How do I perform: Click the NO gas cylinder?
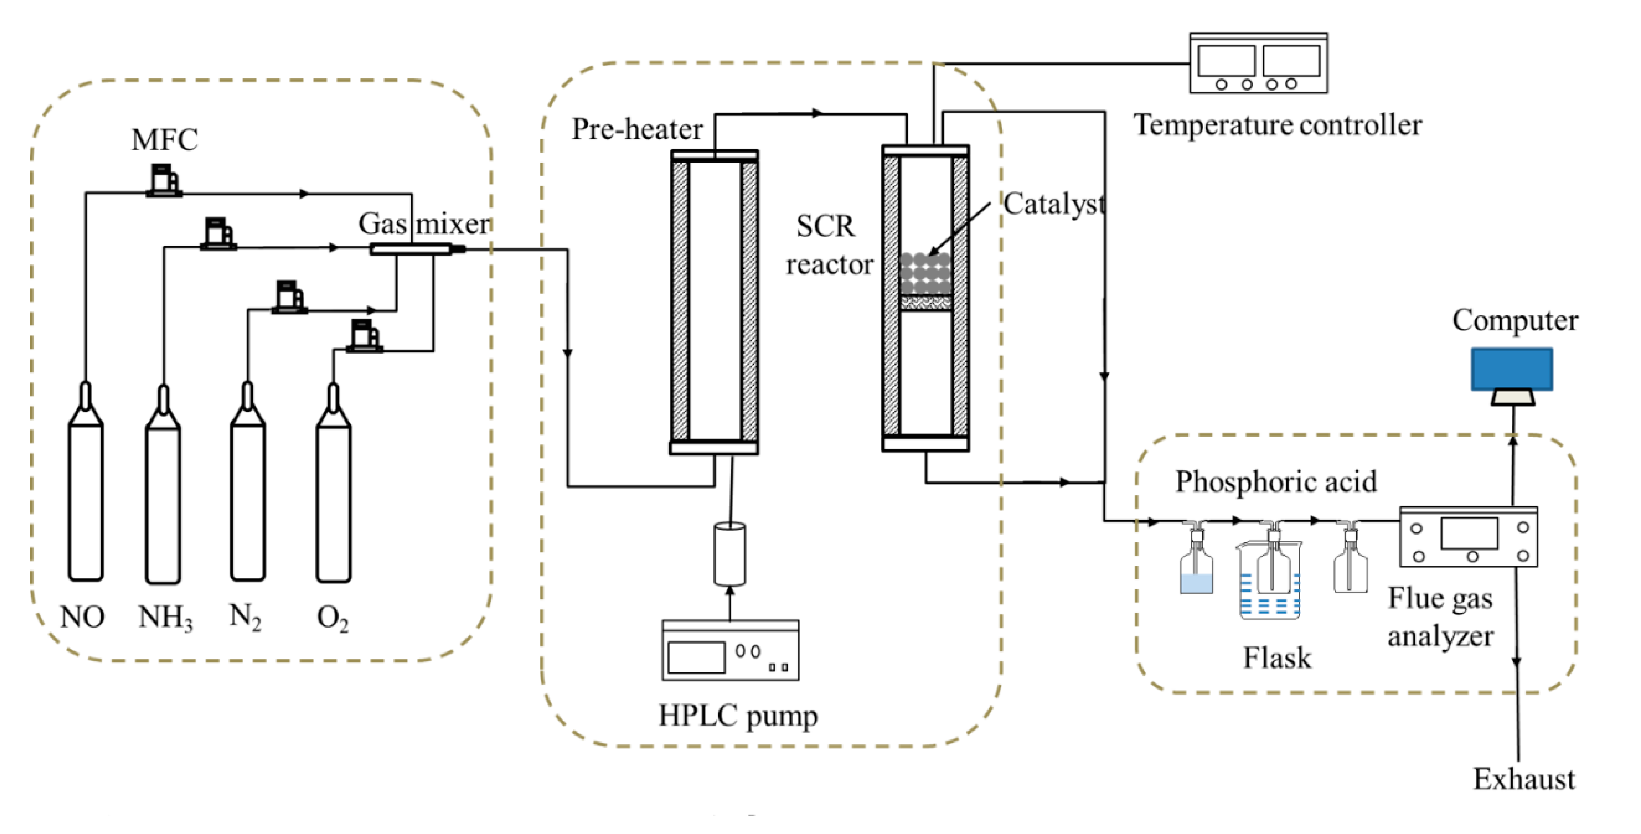(86, 497)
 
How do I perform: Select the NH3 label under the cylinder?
(165, 617)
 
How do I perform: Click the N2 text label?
(245, 616)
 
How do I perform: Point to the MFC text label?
(165, 139)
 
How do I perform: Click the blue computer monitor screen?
(1512, 369)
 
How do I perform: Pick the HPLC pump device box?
(730, 650)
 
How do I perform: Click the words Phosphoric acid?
(1275, 481)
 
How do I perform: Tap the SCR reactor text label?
(828, 245)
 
